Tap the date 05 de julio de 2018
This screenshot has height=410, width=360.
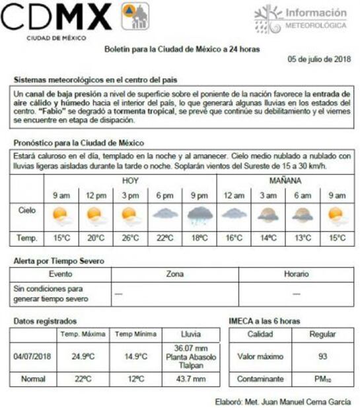pos(319,60)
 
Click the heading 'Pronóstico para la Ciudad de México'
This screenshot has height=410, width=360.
pos(79,143)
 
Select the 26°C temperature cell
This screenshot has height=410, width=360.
pos(130,238)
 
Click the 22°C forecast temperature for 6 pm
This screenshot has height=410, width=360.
pos(164,238)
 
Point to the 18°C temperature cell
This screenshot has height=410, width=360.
pos(199,238)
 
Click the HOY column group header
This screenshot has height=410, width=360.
pos(130,180)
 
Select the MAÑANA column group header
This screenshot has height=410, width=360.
pos(285,180)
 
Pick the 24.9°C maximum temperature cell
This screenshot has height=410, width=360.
pos(83,356)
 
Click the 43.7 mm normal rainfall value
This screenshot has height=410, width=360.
pos(191,380)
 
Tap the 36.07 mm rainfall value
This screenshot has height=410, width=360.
pos(191,348)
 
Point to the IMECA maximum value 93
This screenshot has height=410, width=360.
pos(322,356)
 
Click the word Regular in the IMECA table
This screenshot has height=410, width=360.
pos(322,334)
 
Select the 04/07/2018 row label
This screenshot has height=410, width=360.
pos(32,356)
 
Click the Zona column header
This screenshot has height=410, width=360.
pos(175,274)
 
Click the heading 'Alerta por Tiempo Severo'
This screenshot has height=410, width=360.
pos(59,261)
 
